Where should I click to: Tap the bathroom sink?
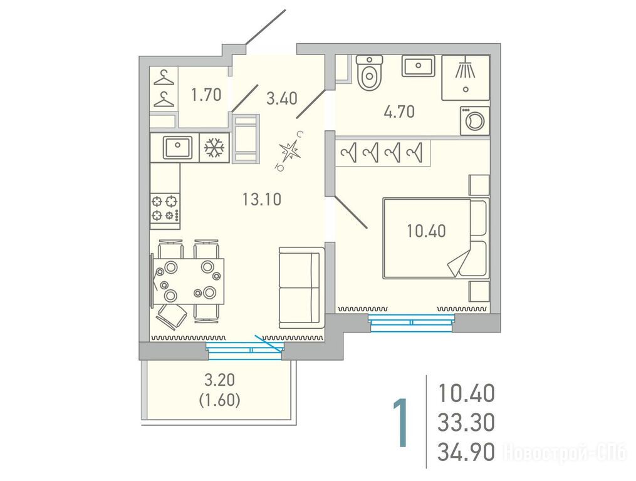418,66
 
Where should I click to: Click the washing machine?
474,121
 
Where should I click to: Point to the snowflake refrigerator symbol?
214,148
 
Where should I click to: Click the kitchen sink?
178,148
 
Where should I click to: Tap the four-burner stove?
165,208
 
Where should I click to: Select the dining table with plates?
188,281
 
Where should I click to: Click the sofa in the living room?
302,288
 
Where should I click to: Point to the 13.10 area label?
262,199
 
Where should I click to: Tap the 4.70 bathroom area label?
399,111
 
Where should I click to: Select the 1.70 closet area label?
206,95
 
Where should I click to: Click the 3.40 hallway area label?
282,98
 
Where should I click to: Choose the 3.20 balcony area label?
219,380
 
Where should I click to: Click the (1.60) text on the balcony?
219,401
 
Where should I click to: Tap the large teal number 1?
400,423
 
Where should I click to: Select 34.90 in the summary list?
466,452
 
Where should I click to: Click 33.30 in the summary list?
466,423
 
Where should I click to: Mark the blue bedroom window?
411,323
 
